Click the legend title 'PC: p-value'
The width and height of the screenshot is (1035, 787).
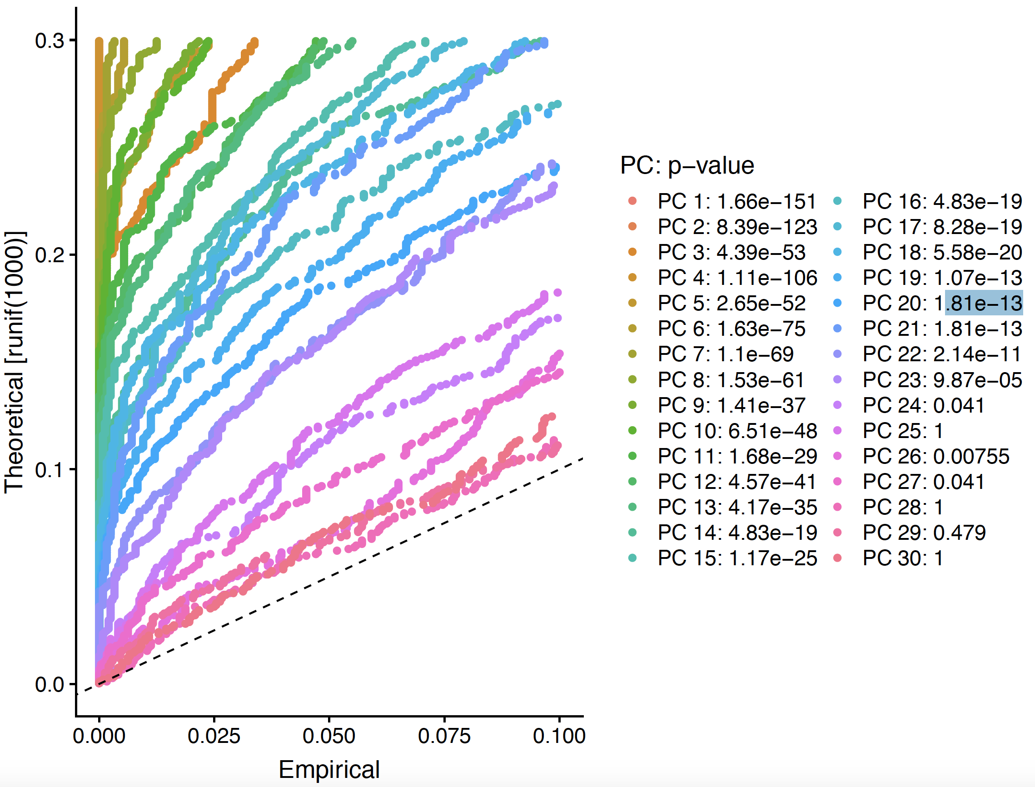(x=687, y=165)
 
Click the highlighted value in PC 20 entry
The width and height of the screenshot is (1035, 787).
(x=983, y=303)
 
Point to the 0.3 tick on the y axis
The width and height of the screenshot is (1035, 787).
(x=49, y=41)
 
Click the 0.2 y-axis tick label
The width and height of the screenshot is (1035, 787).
(x=49, y=255)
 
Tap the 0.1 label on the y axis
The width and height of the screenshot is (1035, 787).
(x=49, y=470)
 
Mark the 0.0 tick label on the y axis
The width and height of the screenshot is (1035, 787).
(x=49, y=684)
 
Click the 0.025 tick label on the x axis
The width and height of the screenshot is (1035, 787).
(x=214, y=736)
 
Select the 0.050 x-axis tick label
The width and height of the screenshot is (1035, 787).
(x=329, y=736)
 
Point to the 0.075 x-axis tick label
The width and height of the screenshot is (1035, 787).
(x=444, y=736)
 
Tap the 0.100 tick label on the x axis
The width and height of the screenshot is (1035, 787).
(x=559, y=736)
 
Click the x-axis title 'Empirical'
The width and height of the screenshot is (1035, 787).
(x=329, y=770)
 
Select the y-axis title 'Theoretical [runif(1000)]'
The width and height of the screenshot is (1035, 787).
(x=15, y=362)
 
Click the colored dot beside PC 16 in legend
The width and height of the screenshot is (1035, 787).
(x=837, y=201)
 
